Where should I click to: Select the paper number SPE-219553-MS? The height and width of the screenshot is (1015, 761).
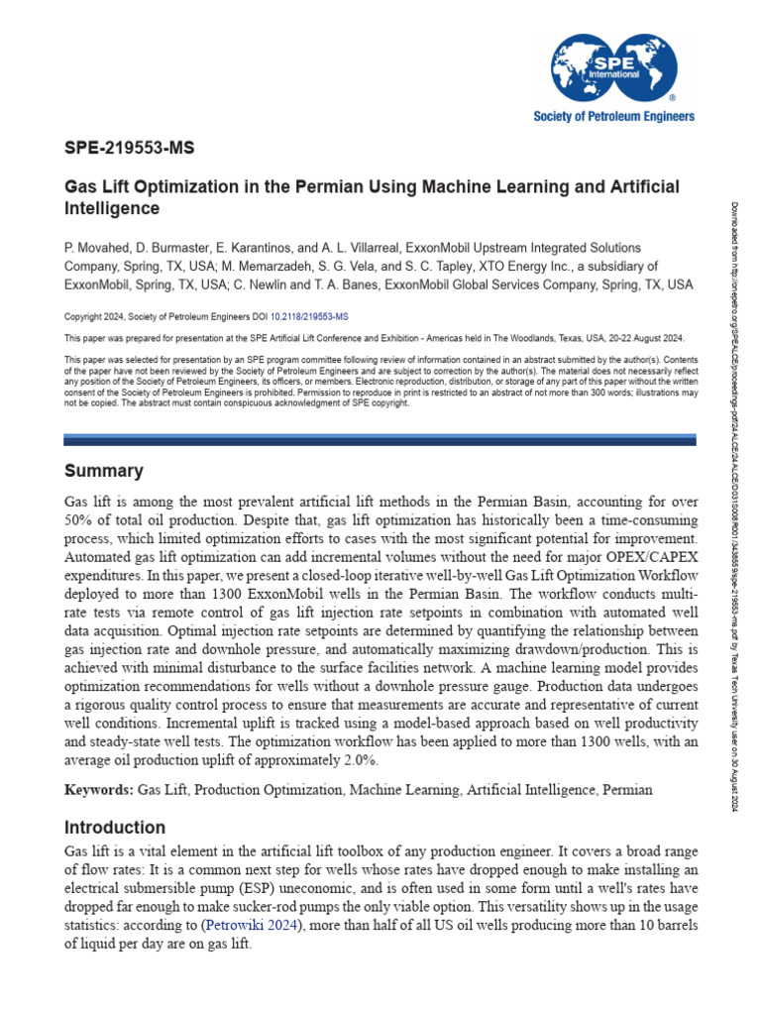pos(129,150)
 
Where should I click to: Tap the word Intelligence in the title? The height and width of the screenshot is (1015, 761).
pos(112,209)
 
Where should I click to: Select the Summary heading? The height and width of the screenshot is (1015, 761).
pos(103,471)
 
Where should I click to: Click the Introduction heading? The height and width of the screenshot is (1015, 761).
pos(115,827)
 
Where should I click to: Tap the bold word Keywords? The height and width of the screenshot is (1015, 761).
pos(99,790)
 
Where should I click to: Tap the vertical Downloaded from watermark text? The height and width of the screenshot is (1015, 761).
pos(735,496)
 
